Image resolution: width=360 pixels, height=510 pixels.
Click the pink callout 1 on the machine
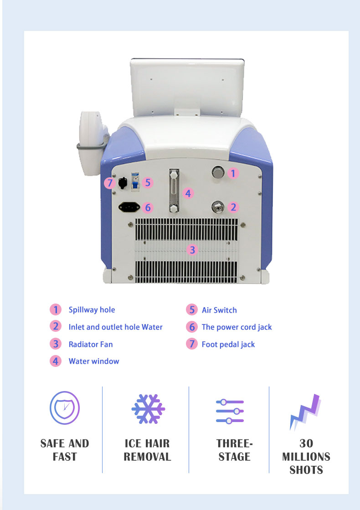point(233,173)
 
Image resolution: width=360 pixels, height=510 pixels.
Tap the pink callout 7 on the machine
point(110,183)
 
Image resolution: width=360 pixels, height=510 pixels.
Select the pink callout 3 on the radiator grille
point(192,250)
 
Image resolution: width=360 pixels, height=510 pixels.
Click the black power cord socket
point(129,207)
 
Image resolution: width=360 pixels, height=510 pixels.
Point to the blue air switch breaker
point(135,181)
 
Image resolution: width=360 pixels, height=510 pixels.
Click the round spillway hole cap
point(218,172)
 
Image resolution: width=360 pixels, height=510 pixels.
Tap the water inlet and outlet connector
point(218,206)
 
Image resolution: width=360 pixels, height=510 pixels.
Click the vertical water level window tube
point(174,191)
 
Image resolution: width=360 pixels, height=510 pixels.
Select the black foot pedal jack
point(123,183)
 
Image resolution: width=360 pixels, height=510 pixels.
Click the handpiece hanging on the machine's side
point(92,143)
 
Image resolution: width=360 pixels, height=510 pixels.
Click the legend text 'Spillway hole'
point(92,310)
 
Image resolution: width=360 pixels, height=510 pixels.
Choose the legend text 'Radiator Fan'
point(91,344)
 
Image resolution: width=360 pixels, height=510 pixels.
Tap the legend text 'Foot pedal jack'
point(228,345)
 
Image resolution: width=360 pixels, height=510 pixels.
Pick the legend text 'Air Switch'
point(219,310)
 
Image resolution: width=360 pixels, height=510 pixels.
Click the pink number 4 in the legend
point(56,361)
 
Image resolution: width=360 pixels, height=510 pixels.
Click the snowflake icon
point(148,409)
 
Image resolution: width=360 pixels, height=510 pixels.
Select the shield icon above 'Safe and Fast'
point(65,408)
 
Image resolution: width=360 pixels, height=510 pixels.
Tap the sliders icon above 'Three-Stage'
point(230,412)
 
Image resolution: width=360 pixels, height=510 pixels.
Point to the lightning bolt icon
point(305,412)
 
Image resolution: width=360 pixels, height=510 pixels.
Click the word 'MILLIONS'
point(306,457)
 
